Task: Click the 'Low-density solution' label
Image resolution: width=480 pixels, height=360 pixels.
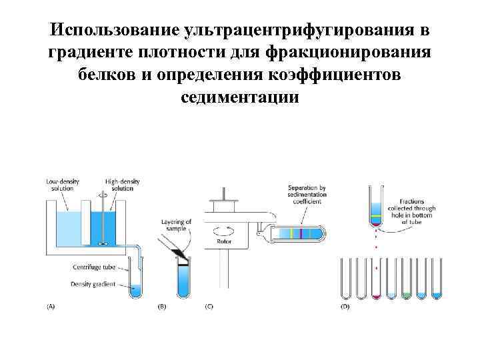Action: coord(60,185)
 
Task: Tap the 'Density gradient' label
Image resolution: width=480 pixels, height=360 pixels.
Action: coord(93,284)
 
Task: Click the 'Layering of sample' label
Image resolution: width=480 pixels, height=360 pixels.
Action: coord(177,225)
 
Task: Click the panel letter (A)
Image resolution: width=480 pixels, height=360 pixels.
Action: coord(51,307)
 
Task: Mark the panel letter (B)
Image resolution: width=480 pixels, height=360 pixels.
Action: coord(161,307)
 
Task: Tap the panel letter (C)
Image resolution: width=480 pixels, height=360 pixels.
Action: coord(209,307)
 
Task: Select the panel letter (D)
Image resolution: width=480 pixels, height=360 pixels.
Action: coord(345,307)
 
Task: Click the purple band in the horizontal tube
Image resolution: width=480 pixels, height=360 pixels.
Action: coord(302,233)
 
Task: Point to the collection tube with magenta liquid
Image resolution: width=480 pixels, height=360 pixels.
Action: coord(377,293)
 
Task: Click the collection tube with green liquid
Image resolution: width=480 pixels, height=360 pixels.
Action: coord(407,293)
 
